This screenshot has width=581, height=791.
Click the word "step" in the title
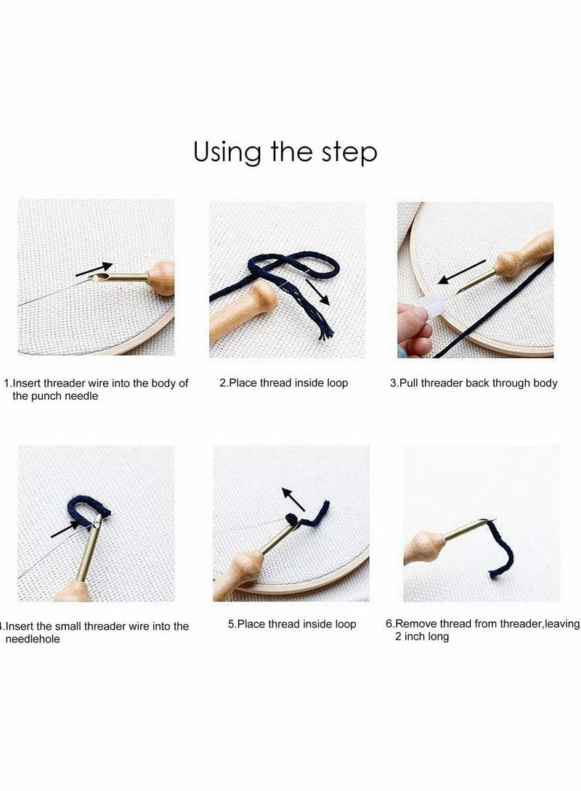pyautogui.click(x=349, y=152)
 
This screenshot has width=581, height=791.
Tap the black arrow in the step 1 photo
pyautogui.click(x=94, y=269)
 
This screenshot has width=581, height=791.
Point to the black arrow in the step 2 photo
pyautogui.click(x=317, y=292)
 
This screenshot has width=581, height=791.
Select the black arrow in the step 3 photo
pyautogui.click(x=461, y=272)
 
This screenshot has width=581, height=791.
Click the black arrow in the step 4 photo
pyautogui.click(x=65, y=529)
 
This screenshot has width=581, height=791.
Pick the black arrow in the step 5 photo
pyautogui.click(x=293, y=499)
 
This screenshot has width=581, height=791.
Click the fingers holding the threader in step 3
pyautogui.click(x=414, y=330)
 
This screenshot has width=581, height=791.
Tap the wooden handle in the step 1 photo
pyautogui.click(x=161, y=277)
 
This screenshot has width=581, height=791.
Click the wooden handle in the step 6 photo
pyautogui.click(x=423, y=547)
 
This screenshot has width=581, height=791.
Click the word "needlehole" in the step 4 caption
pyautogui.click(x=32, y=639)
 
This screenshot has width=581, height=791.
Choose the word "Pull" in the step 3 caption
pyautogui.click(x=408, y=383)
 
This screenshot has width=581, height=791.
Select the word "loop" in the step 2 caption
pyautogui.click(x=337, y=383)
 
